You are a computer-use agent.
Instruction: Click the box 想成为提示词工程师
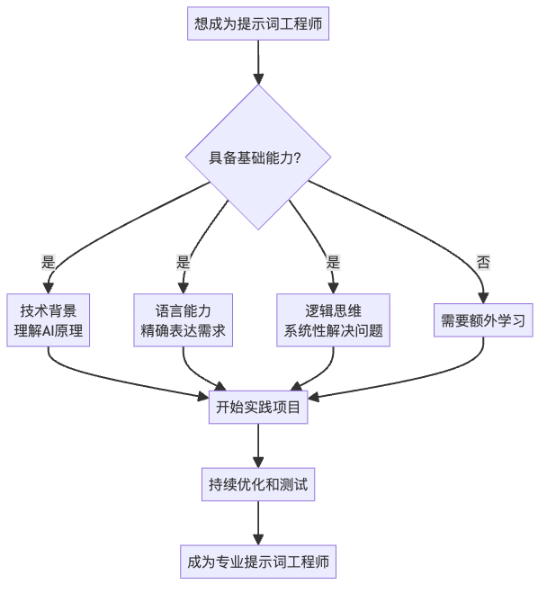point(258,24)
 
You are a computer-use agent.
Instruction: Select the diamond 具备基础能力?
point(258,157)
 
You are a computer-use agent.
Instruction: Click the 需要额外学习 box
point(483,319)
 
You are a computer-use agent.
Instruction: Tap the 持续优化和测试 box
point(258,486)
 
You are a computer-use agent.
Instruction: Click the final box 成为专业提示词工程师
point(258,564)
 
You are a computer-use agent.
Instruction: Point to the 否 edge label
point(483,263)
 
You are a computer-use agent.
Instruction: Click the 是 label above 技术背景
point(49,263)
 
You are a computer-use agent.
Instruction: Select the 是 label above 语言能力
point(184,263)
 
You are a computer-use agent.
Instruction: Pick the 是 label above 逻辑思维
point(333,263)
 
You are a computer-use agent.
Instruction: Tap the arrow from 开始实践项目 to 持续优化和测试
point(258,446)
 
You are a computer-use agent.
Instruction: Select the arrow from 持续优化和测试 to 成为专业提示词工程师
point(258,525)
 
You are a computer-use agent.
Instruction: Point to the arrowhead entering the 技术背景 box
point(49,288)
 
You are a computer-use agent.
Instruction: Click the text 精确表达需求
point(184,331)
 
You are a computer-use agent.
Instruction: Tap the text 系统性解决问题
point(333,331)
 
